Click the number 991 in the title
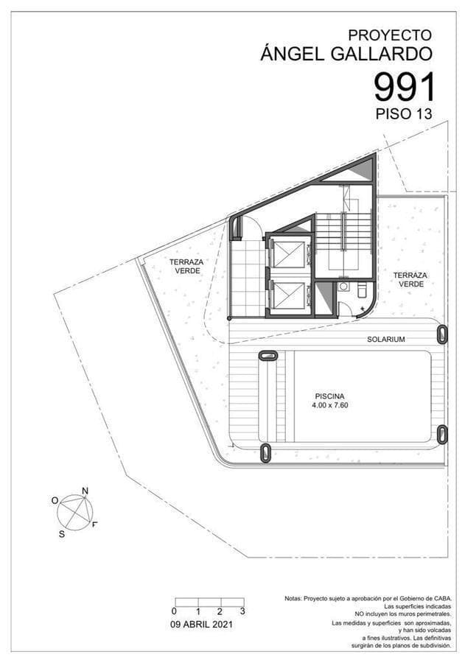coord(405,87)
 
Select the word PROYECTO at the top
coord(389,35)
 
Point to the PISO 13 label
coord(403,114)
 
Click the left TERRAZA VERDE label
coord(186,266)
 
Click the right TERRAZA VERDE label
coord(410,280)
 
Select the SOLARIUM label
coord(386,340)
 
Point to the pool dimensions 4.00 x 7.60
coord(331,405)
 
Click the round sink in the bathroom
coord(344,287)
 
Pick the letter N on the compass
coord(85,491)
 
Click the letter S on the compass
coord(61,534)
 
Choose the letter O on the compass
coord(55,500)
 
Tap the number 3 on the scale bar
coord(242,611)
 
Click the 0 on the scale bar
coord(174,611)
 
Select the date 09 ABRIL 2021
coord(201,624)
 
